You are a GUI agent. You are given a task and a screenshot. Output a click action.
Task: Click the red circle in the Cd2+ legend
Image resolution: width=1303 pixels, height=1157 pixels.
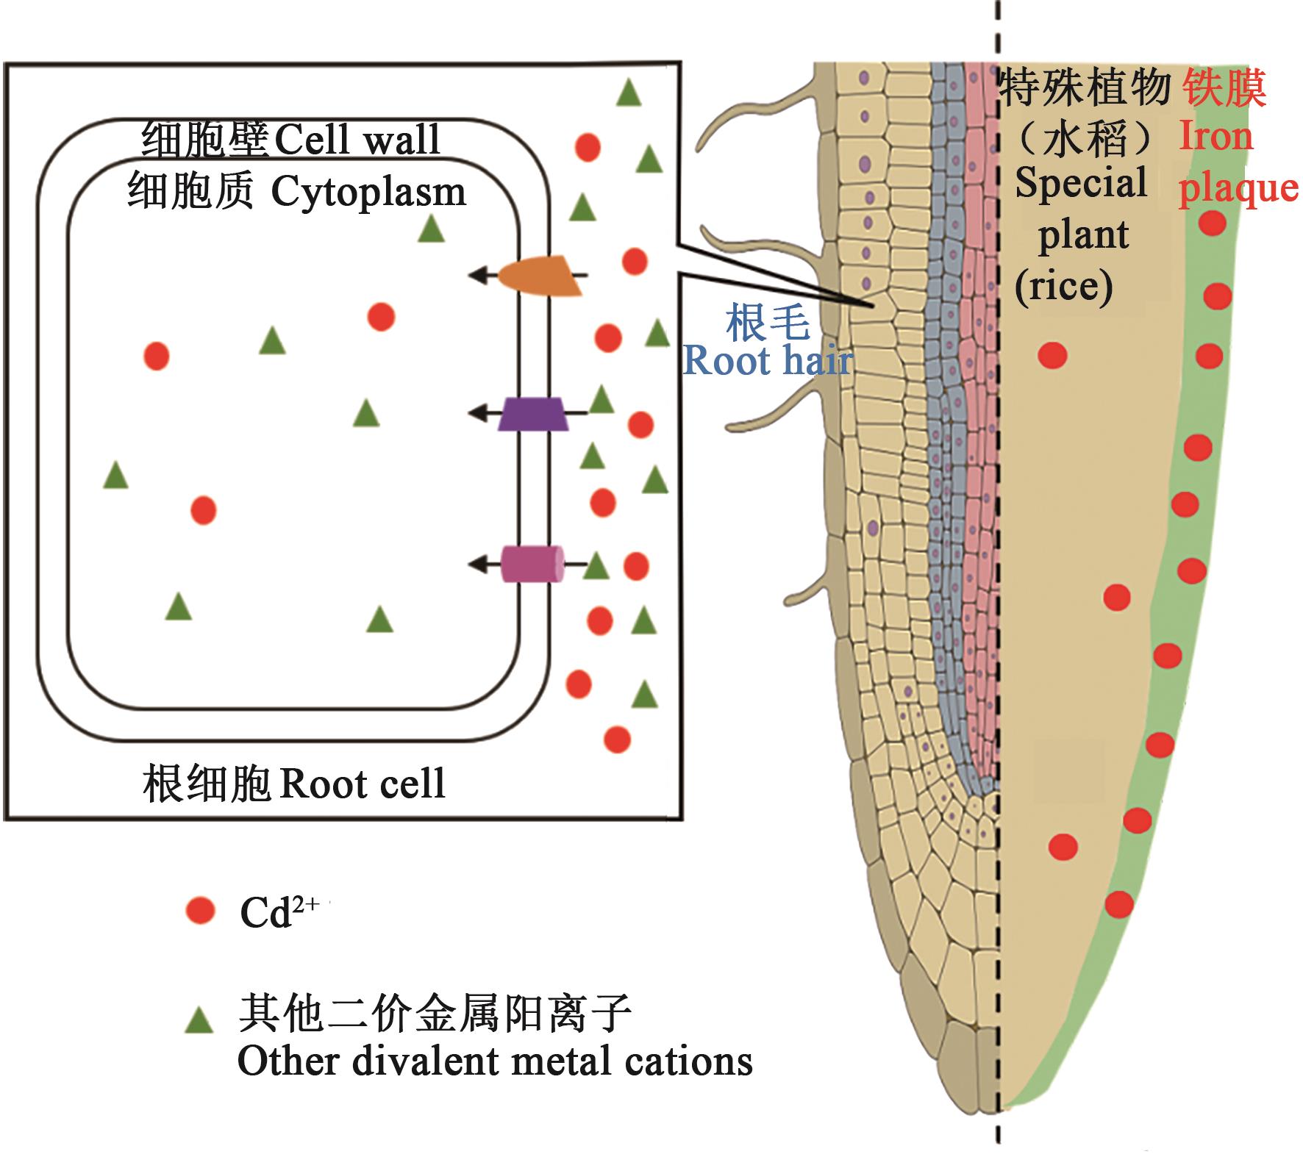(200, 911)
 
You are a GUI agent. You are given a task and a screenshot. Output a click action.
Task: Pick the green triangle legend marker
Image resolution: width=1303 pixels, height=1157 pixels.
(199, 1020)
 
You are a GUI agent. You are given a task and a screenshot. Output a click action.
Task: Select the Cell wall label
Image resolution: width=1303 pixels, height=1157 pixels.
(357, 139)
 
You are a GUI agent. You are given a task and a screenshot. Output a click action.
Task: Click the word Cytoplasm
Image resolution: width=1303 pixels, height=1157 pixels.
(368, 193)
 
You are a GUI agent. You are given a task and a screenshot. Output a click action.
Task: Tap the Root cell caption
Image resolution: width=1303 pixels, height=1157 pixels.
(363, 784)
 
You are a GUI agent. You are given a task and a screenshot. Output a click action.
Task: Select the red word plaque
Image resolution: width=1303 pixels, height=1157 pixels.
(1238, 188)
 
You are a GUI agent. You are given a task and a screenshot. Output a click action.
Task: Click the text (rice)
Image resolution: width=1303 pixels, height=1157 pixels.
(1063, 286)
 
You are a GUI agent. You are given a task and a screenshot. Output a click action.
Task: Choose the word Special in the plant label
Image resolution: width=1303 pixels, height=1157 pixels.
(1081, 183)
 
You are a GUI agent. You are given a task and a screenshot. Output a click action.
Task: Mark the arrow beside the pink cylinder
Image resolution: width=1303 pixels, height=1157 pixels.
(483, 565)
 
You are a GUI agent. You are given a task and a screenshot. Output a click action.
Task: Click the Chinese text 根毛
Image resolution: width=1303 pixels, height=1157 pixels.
(768, 323)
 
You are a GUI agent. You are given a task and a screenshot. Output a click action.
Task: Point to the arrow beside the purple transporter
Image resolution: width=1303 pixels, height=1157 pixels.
(483, 414)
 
